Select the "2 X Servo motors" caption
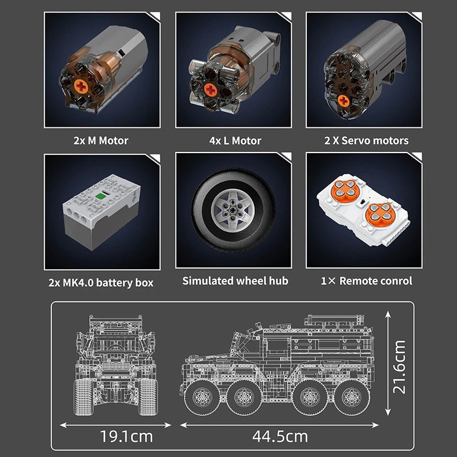[x=367, y=141]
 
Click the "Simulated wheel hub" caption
[x=235, y=280]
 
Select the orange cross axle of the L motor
[x=210, y=90]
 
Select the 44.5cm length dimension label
[x=280, y=437]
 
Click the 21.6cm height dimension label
[x=399, y=366]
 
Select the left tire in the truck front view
[x=86, y=394]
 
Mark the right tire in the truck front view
[x=149, y=394]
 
